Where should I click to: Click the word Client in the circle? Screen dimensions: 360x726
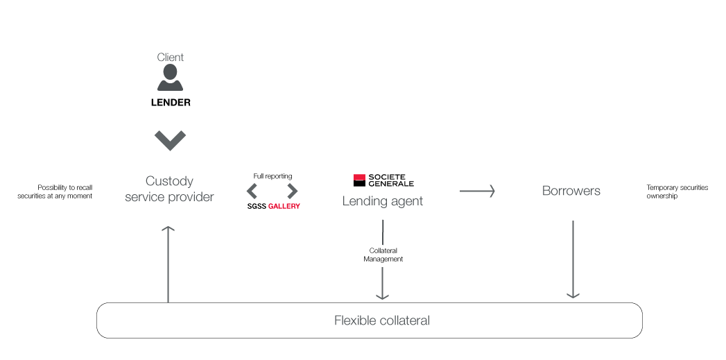pyautogui.click(x=170, y=58)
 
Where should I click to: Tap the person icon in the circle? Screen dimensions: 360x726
pyautogui.click(x=170, y=78)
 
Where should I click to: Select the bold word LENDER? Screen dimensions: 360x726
pyautogui.click(x=171, y=103)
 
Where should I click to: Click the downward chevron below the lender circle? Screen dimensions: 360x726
pyautogui.click(x=170, y=141)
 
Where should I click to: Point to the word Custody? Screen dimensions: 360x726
pyautogui.click(x=169, y=181)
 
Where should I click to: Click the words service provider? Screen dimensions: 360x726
pyautogui.click(x=169, y=197)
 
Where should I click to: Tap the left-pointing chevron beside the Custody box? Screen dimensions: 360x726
pyautogui.click(x=252, y=191)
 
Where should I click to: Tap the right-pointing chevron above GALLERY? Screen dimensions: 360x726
pyautogui.click(x=293, y=191)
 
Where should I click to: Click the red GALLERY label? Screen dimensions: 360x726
pyautogui.click(x=284, y=207)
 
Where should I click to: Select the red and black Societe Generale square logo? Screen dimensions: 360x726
pyautogui.click(x=359, y=180)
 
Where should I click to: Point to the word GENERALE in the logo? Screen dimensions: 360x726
pyautogui.click(x=391, y=184)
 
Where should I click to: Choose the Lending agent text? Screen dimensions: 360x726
pyautogui.click(x=383, y=201)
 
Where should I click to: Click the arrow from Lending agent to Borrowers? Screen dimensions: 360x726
pyautogui.click(x=477, y=191)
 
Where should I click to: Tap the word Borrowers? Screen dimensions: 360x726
pyautogui.click(x=571, y=191)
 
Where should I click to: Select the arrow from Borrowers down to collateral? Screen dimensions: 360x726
pyautogui.click(x=573, y=260)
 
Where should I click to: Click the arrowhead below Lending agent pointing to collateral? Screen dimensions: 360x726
pyautogui.click(x=382, y=294)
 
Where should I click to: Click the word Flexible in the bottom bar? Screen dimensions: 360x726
pyautogui.click(x=356, y=320)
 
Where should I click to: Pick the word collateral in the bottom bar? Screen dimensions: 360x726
pyautogui.click(x=405, y=320)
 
